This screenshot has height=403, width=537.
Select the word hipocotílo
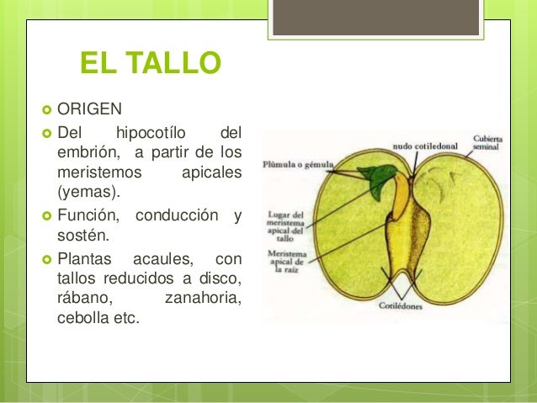154,132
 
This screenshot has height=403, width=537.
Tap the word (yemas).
82,190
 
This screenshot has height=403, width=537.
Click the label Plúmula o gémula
299,164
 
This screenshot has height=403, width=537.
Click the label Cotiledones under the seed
401,306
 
